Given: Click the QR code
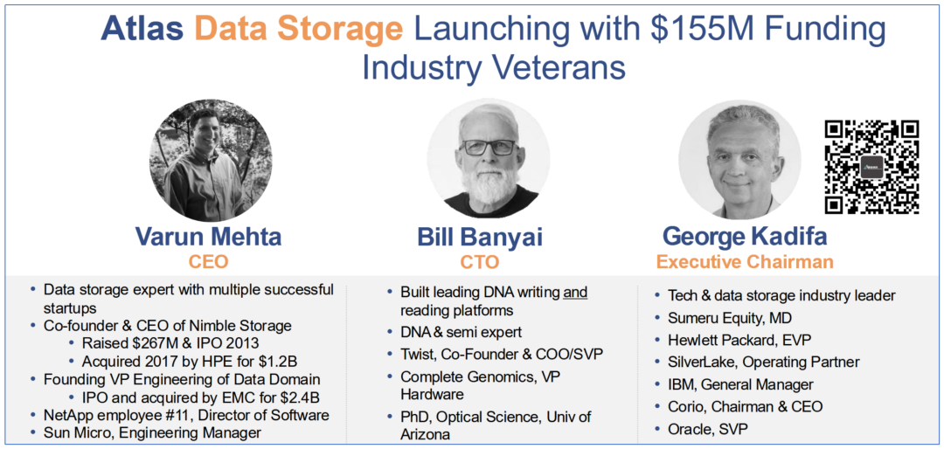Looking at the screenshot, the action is tap(871, 167).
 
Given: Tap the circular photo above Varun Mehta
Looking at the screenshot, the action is tap(210, 160).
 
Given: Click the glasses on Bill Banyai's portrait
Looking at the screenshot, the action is tap(488, 147).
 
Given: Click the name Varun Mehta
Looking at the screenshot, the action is tap(208, 237).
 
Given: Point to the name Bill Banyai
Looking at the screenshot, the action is tap(480, 237).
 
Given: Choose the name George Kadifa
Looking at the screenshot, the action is tap(745, 236).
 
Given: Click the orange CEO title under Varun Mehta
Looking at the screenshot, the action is tap(208, 262).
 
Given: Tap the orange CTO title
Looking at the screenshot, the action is tap(480, 263).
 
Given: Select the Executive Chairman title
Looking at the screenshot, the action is tap(745, 262).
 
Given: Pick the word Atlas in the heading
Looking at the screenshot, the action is tap(142, 30).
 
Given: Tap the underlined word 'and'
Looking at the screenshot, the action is tap(575, 294).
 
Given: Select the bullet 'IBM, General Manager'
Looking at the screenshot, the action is tap(733, 384).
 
